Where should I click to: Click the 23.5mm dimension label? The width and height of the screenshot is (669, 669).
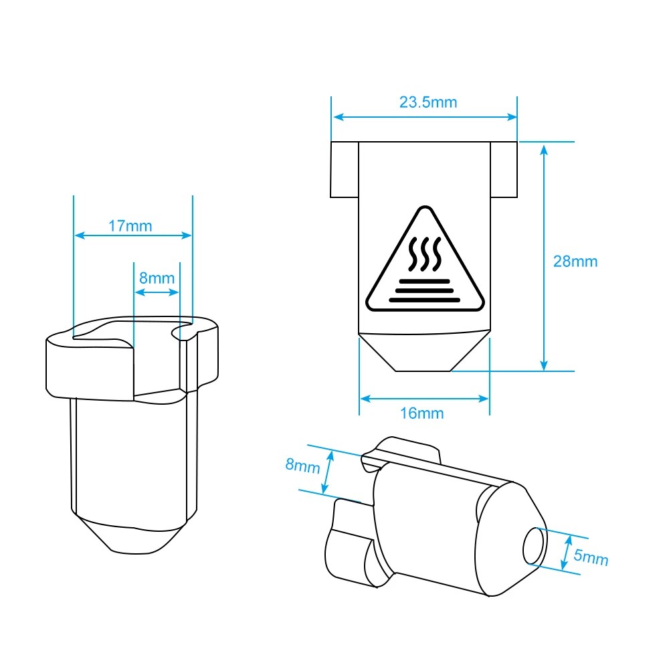428,102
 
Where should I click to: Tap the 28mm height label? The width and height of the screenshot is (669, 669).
575,261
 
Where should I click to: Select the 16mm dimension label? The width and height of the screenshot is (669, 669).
421,413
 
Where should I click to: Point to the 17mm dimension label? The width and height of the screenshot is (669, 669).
130,225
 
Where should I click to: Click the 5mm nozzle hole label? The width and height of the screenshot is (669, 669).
591,557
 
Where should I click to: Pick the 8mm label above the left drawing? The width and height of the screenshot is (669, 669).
157,278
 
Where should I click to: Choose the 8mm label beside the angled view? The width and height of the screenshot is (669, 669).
302,465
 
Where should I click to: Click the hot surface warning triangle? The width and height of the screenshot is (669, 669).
425,260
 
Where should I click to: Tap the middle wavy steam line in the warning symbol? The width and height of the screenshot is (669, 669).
425,254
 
